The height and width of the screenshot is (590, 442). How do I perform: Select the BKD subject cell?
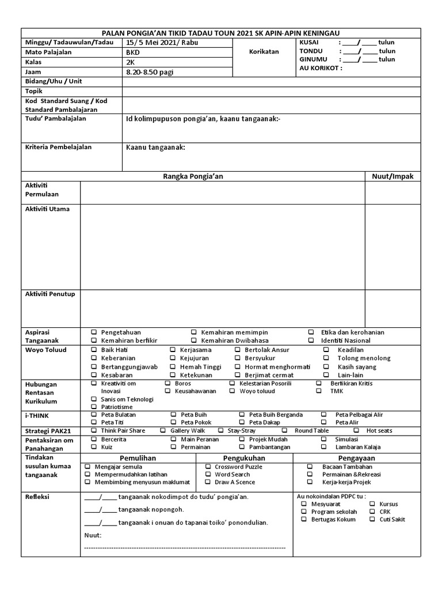(133, 52)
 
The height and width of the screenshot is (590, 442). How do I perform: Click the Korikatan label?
(264, 51)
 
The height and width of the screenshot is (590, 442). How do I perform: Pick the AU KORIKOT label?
(321, 67)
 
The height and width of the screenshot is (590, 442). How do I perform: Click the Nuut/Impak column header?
(393, 176)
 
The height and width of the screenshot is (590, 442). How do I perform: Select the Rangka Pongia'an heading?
(193, 176)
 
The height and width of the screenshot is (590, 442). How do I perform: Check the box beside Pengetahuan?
(94, 332)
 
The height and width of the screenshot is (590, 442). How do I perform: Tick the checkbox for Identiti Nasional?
(311, 341)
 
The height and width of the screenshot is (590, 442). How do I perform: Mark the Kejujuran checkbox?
(173, 358)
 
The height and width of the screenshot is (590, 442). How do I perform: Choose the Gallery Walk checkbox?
(163, 430)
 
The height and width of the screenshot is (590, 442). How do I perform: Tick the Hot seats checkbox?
(356, 430)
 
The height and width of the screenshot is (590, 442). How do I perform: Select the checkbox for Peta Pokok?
(174, 422)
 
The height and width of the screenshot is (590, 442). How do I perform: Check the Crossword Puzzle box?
(208, 466)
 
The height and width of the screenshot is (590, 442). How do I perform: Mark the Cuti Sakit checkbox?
(373, 519)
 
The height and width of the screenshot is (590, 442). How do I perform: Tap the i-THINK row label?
(36, 415)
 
